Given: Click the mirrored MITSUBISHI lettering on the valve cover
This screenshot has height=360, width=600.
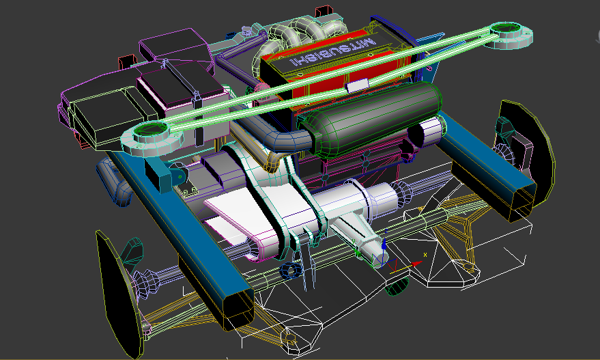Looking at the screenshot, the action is pyautogui.click(x=332, y=51).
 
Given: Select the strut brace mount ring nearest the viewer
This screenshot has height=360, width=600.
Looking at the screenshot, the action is pyautogui.click(x=152, y=137).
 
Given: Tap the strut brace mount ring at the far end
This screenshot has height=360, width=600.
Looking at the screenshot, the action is pyautogui.click(x=508, y=35).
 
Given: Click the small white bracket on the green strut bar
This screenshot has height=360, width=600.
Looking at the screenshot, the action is pyautogui.click(x=356, y=85).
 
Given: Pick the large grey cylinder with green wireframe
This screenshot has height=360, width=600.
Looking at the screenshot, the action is pyautogui.click(x=373, y=117).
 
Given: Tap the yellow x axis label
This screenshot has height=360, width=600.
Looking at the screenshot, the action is pyautogui.click(x=425, y=254).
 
